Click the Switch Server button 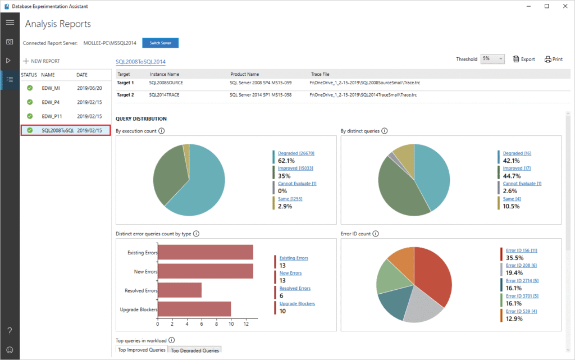tap(160, 43)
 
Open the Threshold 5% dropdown tap(493, 59)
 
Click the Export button tap(524, 59)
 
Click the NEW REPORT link tap(42, 61)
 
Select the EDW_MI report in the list tap(51, 88)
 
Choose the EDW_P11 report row tap(52, 116)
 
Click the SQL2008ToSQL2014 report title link tap(140, 62)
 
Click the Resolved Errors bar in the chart tap(180, 290)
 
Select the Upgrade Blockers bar tap(194, 309)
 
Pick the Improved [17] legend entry tap(517, 168)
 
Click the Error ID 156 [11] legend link tap(522, 250)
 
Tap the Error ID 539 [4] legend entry tap(521, 311)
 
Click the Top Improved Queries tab tap(142, 350)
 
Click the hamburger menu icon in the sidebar tap(10, 22)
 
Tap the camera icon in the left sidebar tap(10, 42)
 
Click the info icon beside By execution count tap(161, 131)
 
